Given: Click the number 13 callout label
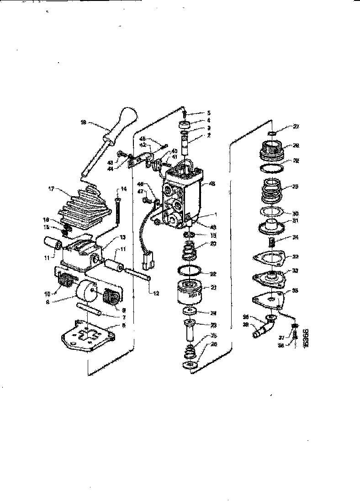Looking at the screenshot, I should pyautogui.click(x=110, y=237).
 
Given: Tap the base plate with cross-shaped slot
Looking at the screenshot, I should pyautogui.click(x=87, y=336).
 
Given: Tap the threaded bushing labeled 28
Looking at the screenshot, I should pyautogui.click(x=271, y=149).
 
